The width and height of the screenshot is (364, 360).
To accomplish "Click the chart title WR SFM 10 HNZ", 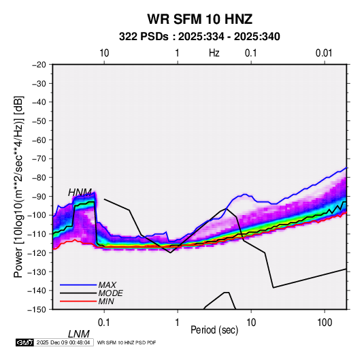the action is (199, 19).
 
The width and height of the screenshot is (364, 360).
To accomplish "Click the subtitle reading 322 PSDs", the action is (144, 37).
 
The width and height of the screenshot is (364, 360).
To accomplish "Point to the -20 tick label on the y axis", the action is (39, 65).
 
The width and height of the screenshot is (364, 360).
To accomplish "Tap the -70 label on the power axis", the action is (39, 159).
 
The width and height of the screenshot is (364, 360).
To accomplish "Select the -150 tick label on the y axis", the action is (37, 310).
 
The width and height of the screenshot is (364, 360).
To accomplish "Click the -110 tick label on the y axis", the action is (37, 234).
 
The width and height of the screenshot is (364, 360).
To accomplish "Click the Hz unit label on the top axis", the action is (214, 53).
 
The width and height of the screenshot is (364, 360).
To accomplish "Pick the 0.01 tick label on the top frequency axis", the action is (324, 53).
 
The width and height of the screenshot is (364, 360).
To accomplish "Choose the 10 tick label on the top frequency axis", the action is (104, 53).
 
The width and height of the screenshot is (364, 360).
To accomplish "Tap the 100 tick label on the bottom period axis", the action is (325, 323).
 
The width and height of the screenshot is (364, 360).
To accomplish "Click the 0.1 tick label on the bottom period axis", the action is (104, 323).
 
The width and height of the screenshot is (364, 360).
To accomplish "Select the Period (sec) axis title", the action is (214, 330).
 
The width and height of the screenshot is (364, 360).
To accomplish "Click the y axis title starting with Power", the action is (18, 186).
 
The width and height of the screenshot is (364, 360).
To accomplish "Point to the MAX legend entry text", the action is (107, 285).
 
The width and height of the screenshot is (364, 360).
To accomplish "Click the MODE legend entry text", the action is (110, 293).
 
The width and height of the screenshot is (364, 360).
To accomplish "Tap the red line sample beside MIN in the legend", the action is (78, 301).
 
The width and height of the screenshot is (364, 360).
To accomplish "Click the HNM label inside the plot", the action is (80, 193).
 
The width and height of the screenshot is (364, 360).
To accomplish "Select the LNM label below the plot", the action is (78, 334).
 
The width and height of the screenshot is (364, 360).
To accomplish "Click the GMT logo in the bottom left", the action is (25, 342).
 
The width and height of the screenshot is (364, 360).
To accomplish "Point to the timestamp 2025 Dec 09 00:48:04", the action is (63, 342).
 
